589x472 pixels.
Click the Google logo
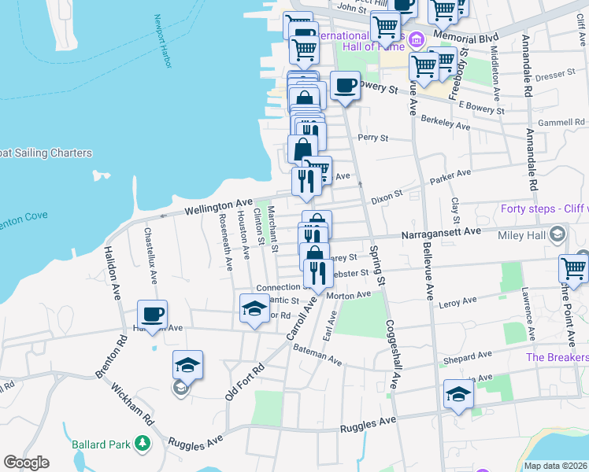click(26, 463)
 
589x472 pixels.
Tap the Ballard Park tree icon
click(143, 444)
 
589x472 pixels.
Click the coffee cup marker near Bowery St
click(345, 86)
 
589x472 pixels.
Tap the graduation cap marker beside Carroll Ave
click(254, 308)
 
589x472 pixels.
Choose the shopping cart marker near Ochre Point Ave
click(573, 268)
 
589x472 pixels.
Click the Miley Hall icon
click(558, 234)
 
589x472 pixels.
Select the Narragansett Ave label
click(440, 234)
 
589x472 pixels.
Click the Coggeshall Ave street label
click(393, 353)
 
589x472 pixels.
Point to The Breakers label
click(557, 356)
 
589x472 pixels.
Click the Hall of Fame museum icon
click(416, 38)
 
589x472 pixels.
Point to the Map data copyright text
click(555, 465)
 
